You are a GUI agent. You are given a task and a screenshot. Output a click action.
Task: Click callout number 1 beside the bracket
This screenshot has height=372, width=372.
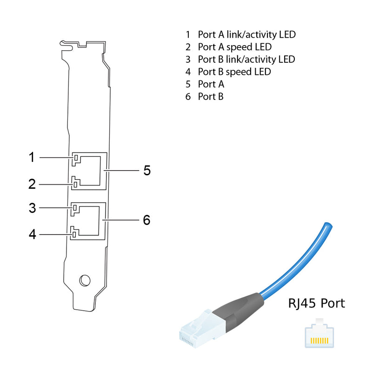click(32, 158)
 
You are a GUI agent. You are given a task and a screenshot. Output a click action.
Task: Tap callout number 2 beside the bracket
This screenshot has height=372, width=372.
click(32, 184)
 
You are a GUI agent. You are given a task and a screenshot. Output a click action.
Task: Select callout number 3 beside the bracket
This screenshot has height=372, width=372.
click(32, 208)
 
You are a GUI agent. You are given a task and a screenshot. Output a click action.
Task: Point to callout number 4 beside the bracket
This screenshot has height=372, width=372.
click(32, 234)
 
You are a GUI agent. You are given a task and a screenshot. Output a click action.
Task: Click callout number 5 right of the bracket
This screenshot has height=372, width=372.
click(147, 171)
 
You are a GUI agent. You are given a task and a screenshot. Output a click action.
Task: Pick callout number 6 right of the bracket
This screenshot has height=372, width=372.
click(146, 220)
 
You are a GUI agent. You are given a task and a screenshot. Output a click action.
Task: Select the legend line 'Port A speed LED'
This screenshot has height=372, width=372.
click(234, 47)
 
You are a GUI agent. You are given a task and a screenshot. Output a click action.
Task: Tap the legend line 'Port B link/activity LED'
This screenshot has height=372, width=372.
click(246, 60)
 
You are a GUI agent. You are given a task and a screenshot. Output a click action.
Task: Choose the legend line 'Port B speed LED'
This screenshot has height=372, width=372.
click(234, 72)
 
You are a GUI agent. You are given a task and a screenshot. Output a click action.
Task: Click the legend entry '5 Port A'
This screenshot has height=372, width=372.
click(205, 85)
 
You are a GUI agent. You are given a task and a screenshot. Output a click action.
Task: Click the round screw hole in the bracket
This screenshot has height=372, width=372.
click(85, 280)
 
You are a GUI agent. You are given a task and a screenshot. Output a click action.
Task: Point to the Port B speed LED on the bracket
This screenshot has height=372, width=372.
click(74, 232)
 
